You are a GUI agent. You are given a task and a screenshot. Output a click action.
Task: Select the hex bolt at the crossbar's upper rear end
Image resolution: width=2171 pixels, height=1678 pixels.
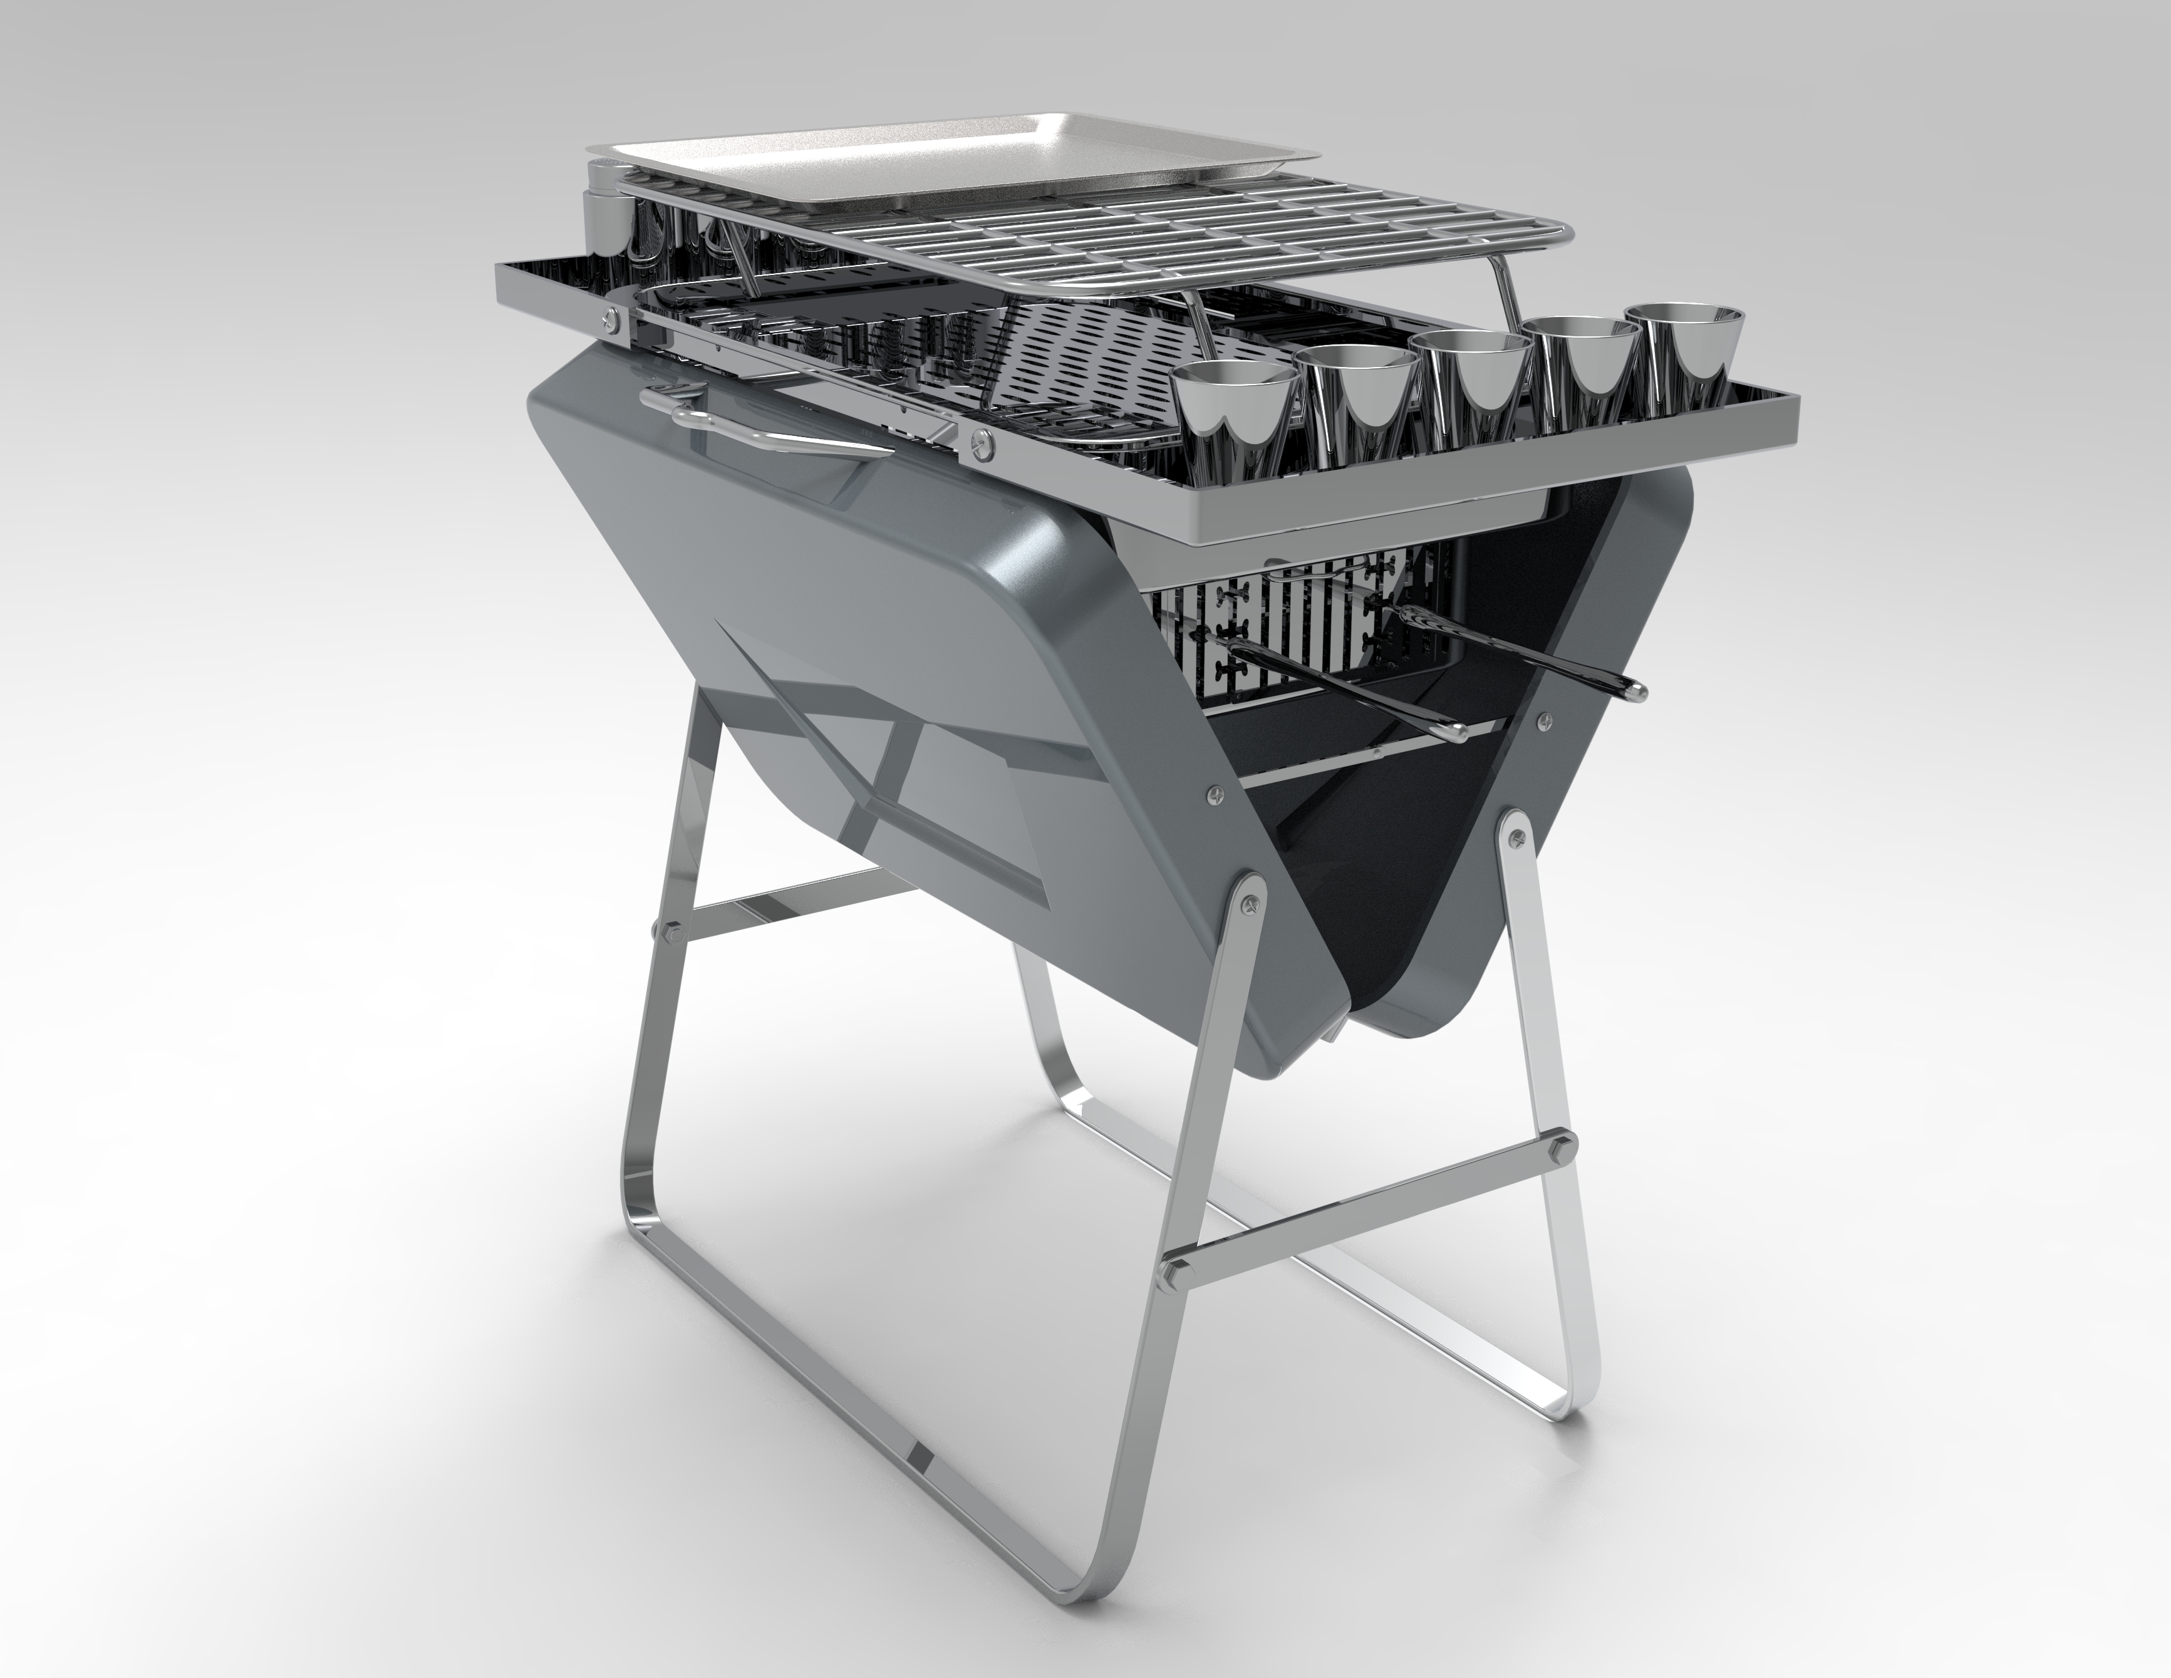coord(1568,1141)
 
